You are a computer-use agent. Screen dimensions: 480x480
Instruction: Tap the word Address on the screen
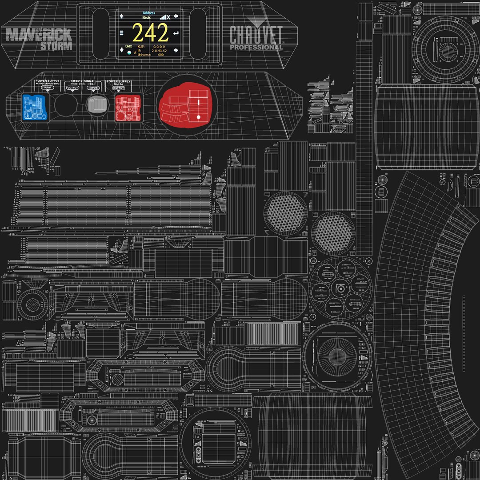[x=149, y=13]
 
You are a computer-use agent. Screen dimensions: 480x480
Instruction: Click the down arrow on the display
[x=122, y=48]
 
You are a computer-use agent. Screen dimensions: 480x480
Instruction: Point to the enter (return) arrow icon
[x=176, y=33]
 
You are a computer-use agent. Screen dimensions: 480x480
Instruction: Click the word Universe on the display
[x=144, y=55]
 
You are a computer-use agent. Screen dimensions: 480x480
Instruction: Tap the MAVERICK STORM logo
[x=39, y=38]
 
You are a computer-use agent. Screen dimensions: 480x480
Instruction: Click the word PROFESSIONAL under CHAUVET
[x=256, y=47]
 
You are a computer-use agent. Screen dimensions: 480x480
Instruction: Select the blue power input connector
[x=34, y=108]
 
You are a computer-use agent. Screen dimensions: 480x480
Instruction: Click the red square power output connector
[x=128, y=108]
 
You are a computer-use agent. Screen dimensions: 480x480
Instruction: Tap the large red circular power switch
[x=187, y=106]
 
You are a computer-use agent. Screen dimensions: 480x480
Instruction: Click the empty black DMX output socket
[x=66, y=105]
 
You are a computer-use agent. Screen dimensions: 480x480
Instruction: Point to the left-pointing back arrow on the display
[x=176, y=16]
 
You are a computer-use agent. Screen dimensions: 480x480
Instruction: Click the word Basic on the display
[x=147, y=18]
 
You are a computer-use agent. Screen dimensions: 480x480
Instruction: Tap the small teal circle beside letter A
[x=129, y=52]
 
